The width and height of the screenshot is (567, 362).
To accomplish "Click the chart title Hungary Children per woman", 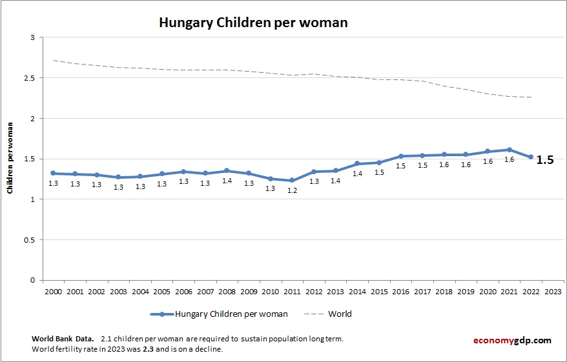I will click(253, 23).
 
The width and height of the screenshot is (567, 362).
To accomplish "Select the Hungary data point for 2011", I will click(292, 180).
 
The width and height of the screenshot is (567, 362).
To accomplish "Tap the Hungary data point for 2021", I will click(510, 150).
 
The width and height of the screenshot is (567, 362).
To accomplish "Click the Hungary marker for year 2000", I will click(53, 173).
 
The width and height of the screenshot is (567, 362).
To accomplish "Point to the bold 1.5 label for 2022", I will click(545, 160).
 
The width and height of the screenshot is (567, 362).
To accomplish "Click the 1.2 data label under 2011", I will click(292, 190).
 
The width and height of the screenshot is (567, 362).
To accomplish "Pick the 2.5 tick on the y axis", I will click(30, 78).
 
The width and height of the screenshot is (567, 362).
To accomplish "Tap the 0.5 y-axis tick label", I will click(30, 240).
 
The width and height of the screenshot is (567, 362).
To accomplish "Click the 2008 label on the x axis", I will click(227, 291).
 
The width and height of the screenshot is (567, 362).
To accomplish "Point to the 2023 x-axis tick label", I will click(553, 291).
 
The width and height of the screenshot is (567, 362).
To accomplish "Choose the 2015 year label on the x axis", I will click(379, 291).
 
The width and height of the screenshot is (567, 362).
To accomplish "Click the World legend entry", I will click(340, 314).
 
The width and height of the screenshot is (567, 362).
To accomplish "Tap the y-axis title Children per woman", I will click(10, 158).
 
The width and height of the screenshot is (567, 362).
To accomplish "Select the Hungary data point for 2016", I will click(400, 156).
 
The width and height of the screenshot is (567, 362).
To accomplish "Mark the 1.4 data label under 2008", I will click(227, 181).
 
